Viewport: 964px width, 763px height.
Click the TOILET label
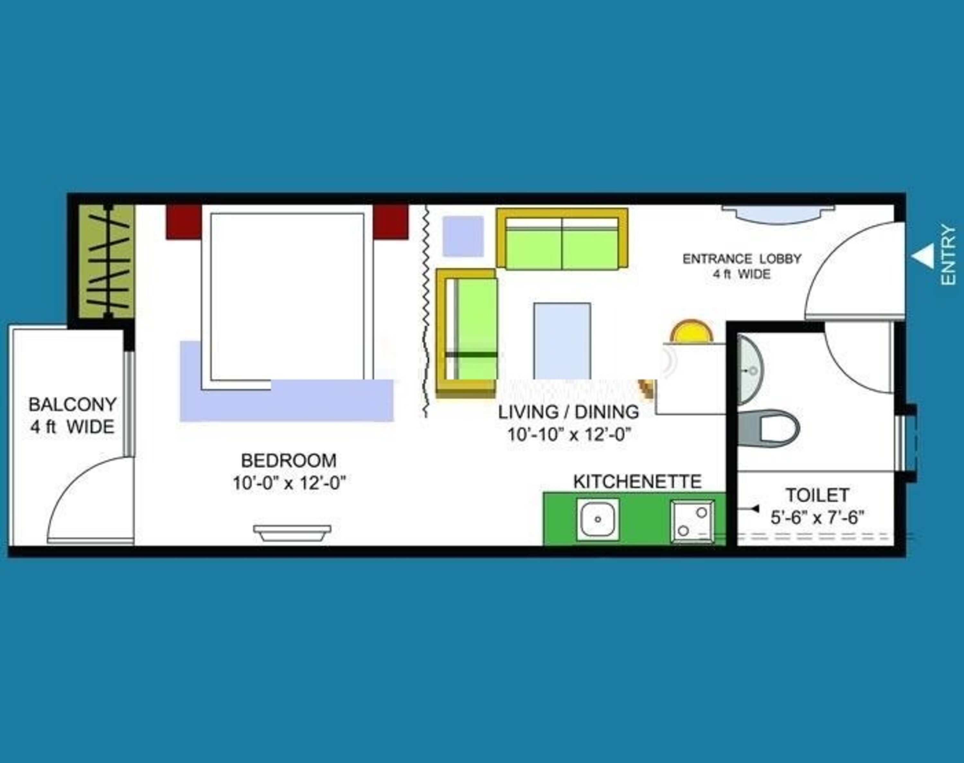tap(817, 495)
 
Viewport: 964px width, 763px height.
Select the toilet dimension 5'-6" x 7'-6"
tap(817, 518)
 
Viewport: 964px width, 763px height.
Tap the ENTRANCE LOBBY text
tap(742, 259)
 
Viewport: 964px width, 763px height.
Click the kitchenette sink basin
tap(598, 519)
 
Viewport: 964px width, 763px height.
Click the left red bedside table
tap(183, 222)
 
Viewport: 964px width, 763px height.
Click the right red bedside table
tap(391, 222)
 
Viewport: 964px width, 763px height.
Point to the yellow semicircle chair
tap(691, 332)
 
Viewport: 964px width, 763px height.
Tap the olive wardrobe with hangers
tap(107, 261)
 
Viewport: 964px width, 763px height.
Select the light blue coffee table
tap(562, 341)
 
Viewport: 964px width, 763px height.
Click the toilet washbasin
tap(750, 370)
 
